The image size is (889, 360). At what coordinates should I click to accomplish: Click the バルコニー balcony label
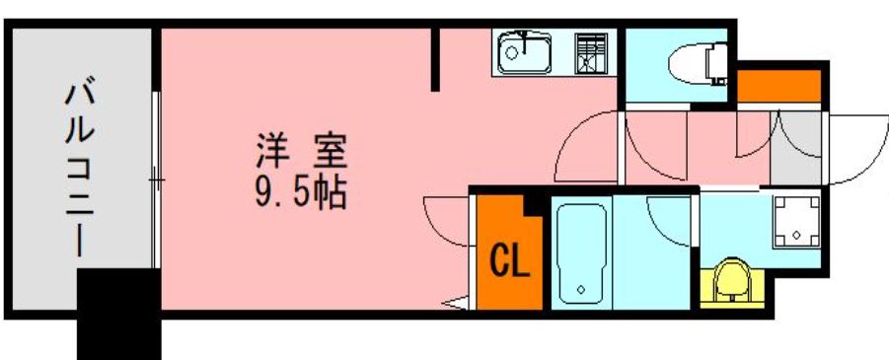coord(79,169)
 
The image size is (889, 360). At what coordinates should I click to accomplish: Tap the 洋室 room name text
coord(301,151)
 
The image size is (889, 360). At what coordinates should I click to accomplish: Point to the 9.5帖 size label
coord(300,194)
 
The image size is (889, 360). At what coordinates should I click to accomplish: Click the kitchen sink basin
coord(525,53)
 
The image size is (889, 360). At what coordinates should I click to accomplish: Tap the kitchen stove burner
coord(591,53)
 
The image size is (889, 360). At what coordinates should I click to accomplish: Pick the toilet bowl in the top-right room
coord(697,64)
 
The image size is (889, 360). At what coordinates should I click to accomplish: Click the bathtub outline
coord(581,254)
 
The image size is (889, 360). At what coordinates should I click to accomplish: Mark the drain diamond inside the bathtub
coord(581,290)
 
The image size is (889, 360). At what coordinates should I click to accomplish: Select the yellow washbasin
coord(731,282)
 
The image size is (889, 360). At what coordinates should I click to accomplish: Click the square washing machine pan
coord(796,222)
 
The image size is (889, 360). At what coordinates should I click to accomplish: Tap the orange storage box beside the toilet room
coord(778,86)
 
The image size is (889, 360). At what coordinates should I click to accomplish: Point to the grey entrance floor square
coord(795,148)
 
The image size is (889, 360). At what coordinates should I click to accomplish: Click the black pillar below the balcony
coord(118,314)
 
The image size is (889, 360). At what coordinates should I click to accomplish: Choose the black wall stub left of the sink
coord(435,59)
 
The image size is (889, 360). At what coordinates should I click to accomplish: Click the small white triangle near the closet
coord(457,303)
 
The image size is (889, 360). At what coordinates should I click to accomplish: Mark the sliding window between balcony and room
coord(156,180)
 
